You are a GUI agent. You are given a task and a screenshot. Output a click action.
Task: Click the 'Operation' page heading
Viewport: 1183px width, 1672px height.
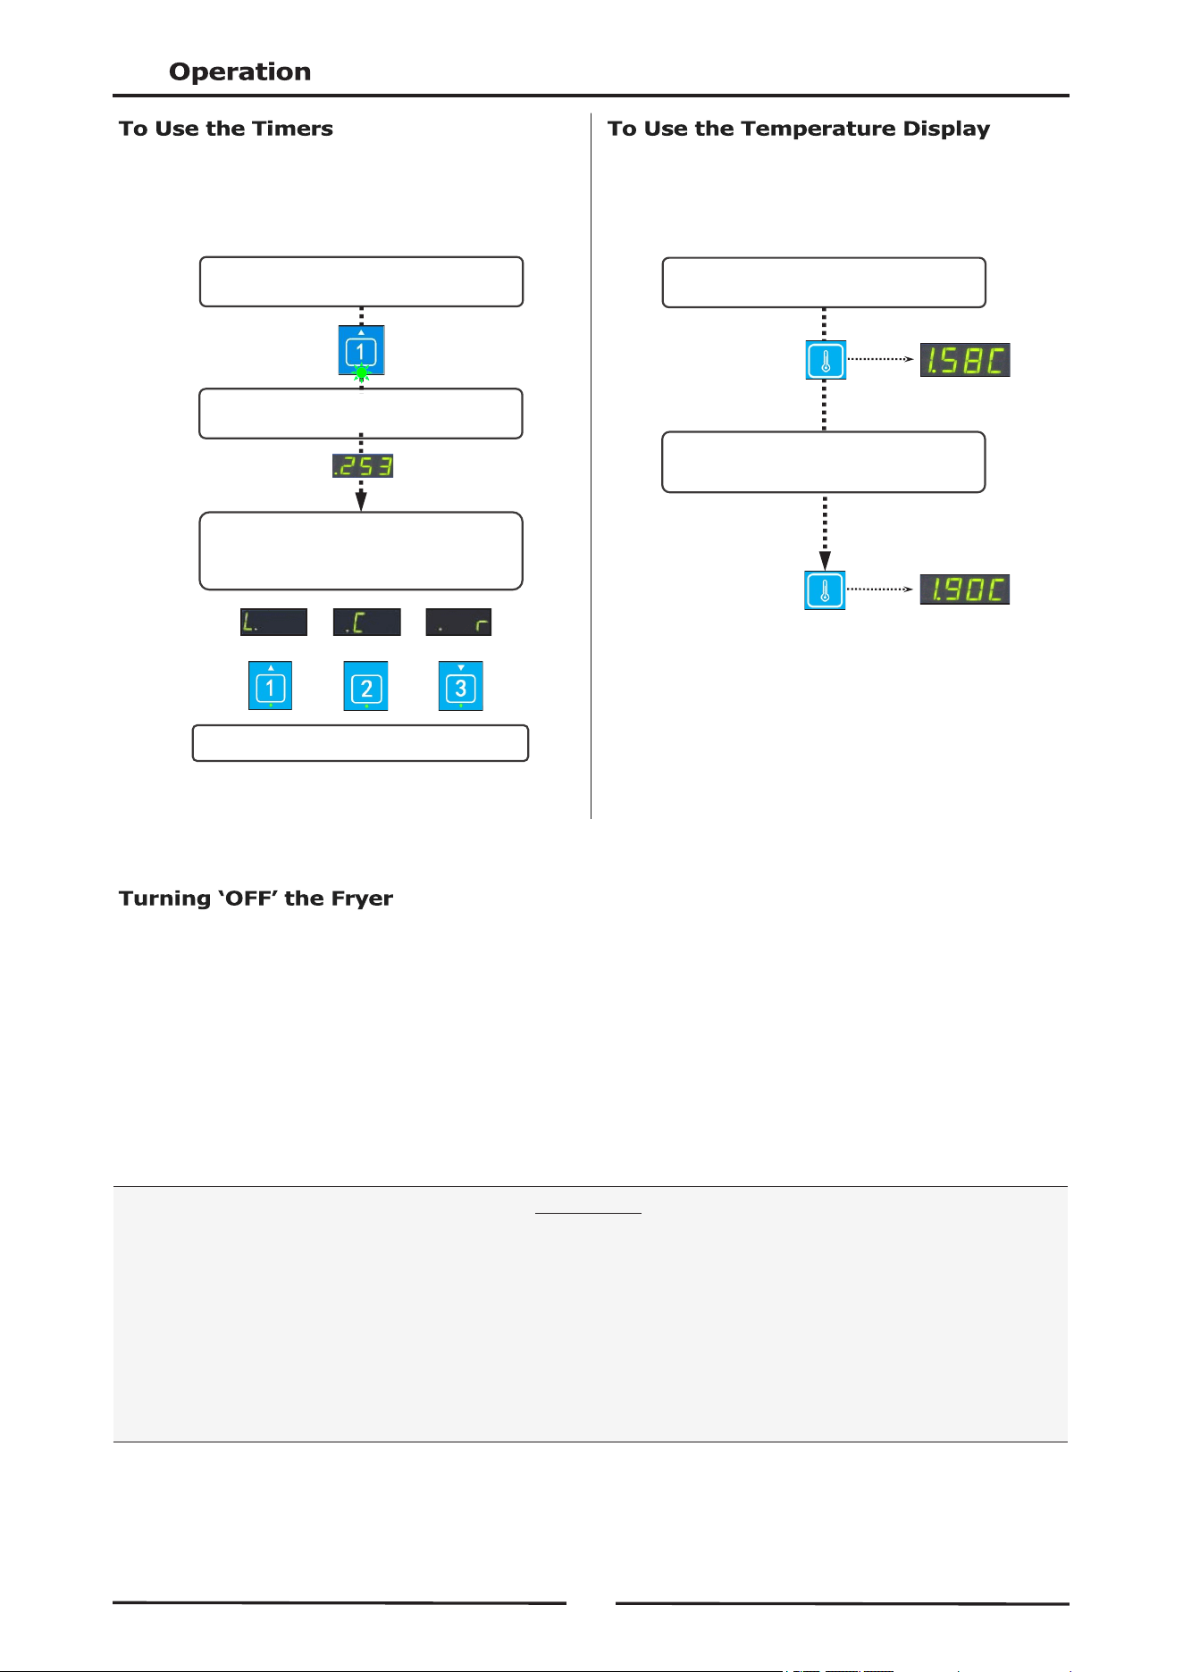tap(239, 71)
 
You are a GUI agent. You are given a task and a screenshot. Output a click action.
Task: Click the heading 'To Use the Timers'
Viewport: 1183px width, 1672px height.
tap(226, 129)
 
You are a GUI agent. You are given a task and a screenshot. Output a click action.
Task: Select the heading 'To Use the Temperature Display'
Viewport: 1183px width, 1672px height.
tap(799, 130)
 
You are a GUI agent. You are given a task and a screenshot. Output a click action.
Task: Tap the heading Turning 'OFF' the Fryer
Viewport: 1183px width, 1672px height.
tap(256, 899)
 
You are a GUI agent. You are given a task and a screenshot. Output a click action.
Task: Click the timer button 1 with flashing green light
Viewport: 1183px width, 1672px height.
tap(361, 349)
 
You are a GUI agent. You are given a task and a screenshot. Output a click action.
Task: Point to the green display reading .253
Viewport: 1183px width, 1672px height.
tap(363, 465)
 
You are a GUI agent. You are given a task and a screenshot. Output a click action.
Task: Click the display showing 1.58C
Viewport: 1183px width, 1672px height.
tap(965, 360)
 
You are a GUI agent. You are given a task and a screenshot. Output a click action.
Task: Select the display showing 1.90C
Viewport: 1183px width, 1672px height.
tap(965, 589)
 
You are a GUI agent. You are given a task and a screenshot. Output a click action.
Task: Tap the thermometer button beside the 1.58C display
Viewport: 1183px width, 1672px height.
tap(826, 360)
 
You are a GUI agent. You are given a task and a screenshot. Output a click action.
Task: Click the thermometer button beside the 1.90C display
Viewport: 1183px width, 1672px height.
tap(825, 590)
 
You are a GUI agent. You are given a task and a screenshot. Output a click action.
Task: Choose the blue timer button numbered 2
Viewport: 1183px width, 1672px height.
tap(366, 686)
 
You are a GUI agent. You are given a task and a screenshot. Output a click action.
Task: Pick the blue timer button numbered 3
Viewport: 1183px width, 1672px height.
tap(461, 686)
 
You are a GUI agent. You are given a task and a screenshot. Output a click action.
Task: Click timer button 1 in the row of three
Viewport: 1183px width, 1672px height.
tap(271, 686)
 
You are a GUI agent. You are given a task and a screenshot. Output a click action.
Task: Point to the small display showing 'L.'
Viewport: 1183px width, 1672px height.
tap(273, 623)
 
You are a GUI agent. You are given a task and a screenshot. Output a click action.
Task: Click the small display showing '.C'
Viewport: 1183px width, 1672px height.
tap(366, 623)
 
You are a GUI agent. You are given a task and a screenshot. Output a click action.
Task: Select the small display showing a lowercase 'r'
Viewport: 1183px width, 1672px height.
tap(458, 623)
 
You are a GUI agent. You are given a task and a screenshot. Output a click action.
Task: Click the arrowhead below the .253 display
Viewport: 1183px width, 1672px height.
tap(361, 501)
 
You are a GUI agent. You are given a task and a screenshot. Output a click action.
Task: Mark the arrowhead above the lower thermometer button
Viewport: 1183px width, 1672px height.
tap(825, 561)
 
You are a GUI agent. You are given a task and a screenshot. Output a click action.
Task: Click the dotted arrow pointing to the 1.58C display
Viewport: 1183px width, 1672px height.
tap(880, 360)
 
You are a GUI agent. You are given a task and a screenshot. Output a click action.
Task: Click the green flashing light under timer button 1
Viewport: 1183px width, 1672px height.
tap(361, 374)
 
